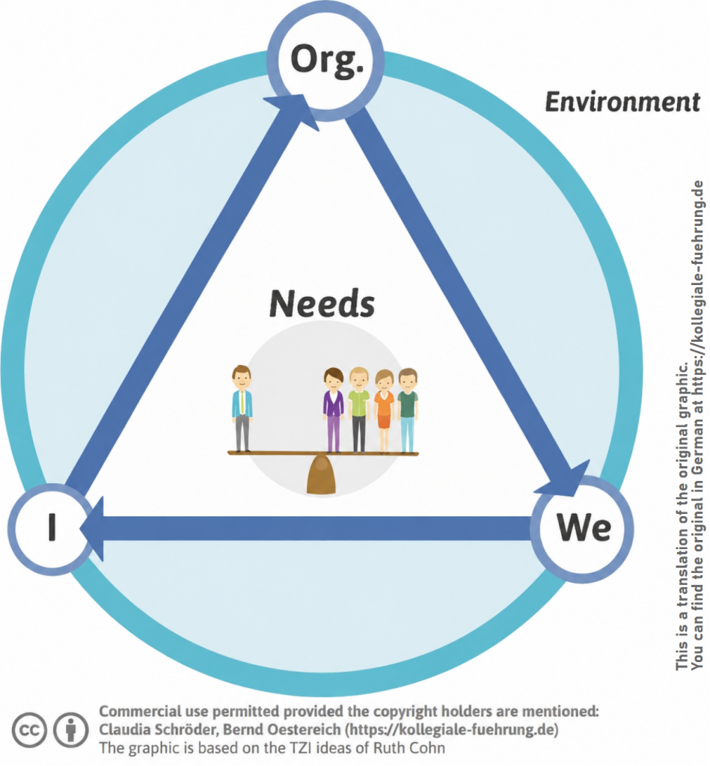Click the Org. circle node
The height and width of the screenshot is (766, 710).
point(325,62)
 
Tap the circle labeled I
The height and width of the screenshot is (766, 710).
point(52,529)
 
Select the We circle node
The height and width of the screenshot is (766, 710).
point(581,529)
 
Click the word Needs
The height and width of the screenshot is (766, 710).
point(322,304)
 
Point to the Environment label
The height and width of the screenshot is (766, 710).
point(622,102)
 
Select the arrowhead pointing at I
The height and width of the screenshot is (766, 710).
point(92,529)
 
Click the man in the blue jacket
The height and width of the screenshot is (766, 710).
point(242,408)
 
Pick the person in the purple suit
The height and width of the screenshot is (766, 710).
point(334,410)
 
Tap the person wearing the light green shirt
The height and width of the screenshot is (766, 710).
point(358,410)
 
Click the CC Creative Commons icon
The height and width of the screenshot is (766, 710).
point(29,730)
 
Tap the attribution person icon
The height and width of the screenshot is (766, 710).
point(71,730)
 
